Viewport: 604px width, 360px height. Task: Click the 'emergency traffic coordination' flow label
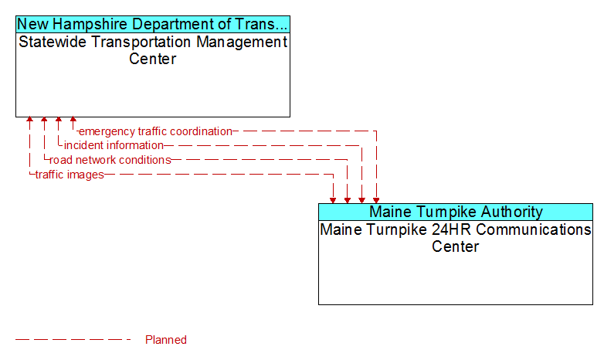[155, 131]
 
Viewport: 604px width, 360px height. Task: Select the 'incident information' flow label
[114, 145]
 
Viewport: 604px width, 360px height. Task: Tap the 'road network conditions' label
[110, 160]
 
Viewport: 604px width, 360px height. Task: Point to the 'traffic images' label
[70, 175]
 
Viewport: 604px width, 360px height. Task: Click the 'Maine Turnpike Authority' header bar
[456, 212]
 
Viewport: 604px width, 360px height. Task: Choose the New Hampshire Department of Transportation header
[153, 24]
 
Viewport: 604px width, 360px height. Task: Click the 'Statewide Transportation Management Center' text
[153, 50]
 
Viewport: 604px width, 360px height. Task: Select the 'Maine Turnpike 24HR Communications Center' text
[456, 238]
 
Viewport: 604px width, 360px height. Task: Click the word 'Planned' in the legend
[165, 340]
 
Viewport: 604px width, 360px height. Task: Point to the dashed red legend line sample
[73, 340]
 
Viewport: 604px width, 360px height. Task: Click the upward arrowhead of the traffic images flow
[29, 120]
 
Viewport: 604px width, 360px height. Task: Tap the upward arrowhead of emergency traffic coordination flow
[73, 120]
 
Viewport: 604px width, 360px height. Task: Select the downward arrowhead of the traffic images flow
[333, 200]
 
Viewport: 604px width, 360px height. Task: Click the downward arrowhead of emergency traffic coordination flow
[376, 200]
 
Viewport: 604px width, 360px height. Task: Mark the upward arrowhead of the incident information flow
[59, 120]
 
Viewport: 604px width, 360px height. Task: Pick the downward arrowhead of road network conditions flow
[348, 200]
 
